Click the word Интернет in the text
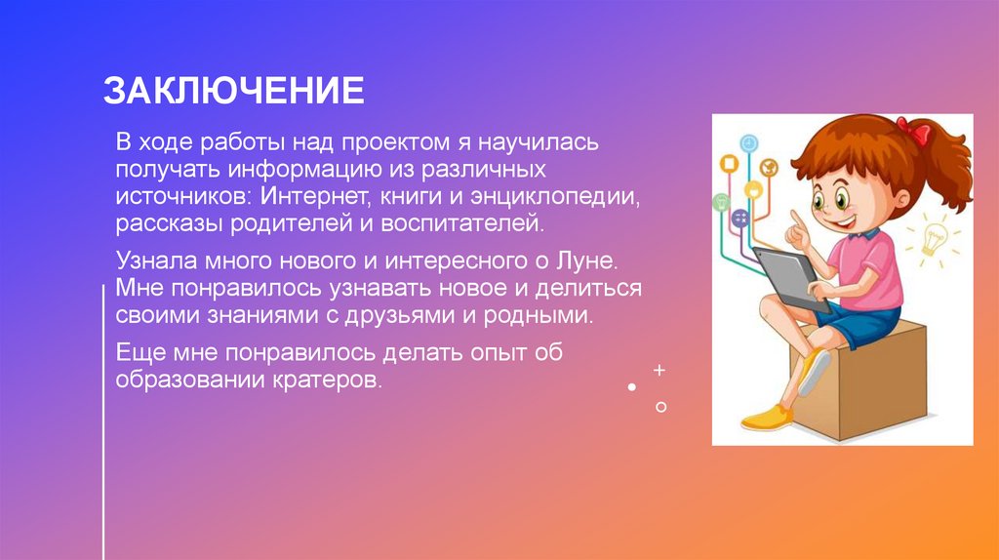tap(310, 198)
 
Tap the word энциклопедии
tap(568, 198)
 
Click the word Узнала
tap(156, 261)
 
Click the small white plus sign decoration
tap(659, 371)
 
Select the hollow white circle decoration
tap(660, 406)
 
